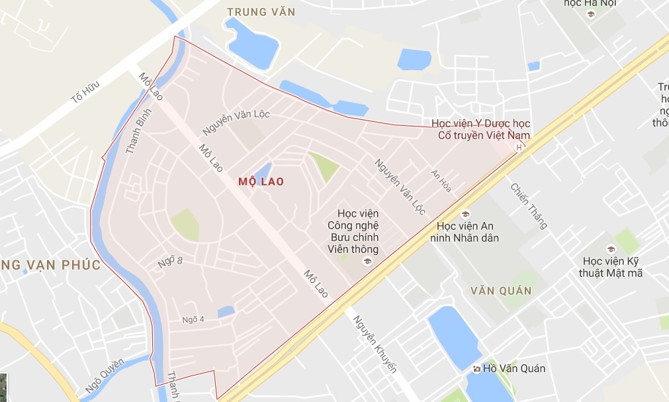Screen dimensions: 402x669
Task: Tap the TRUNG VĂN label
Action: [x=261, y=12]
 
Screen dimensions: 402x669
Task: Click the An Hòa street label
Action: [x=441, y=179]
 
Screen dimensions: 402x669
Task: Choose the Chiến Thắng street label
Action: [x=529, y=206]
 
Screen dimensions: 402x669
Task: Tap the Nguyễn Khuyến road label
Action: [x=374, y=344]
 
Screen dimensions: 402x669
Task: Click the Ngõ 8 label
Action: [x=170, y=262]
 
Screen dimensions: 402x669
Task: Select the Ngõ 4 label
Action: [x=193, y=320]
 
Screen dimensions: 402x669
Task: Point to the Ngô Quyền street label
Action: [x=105, y=376]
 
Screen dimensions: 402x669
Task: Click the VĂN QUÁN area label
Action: [x=502, y=291]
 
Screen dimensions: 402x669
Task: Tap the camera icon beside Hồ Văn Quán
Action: [x=476, y=368]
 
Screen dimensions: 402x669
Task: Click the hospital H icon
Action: [x=519, y=147]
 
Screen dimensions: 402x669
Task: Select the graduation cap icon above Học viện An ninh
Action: [x=465, y=214]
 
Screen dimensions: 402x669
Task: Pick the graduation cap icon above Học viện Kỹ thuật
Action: [x=611, y=249]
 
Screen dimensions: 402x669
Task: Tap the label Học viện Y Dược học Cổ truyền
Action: [x=480, y=129]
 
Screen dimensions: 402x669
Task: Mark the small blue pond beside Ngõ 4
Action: [x=226, y=311]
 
